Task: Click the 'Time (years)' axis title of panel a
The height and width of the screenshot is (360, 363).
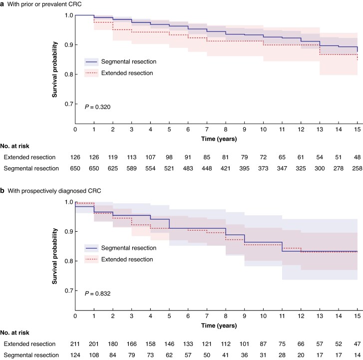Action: click(x=216, y=137)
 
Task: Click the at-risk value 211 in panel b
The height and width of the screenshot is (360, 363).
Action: click(x=75, y=345)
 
